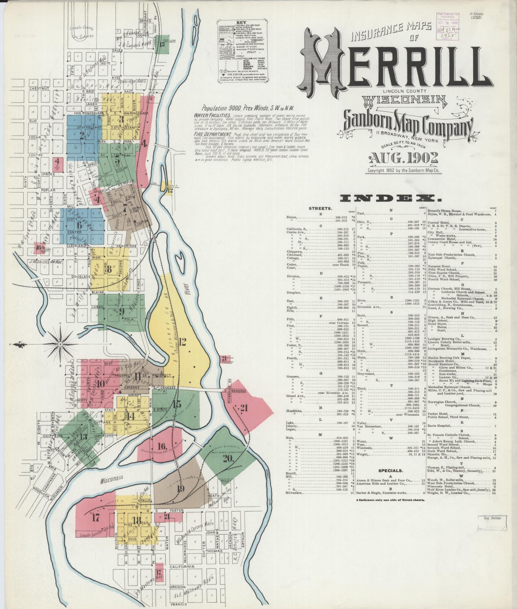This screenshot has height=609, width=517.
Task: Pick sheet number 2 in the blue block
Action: (x=81, y=135)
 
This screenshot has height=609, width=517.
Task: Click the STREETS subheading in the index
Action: (x=320, y=208)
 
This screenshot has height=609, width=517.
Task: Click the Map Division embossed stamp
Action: (x=492, y=518)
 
